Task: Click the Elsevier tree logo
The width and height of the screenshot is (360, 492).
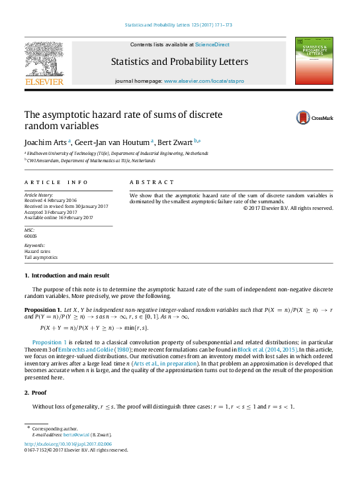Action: pyautogui.click(x=44, y=58)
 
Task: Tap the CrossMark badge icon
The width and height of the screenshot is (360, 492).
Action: pyautogui.click(x=305, y=118)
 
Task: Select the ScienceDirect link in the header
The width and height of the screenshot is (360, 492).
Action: pyautogui.click(x=212, y=44)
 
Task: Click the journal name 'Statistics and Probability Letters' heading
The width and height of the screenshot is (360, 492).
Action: pyautogui.click(x=179, y=62)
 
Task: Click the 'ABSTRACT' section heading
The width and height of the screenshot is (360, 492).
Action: pyautogui.click(x=152, y=181)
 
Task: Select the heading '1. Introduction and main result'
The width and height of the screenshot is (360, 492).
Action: pyautogui.click(x=67, y=275)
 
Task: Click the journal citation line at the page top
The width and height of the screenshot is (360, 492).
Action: pyautogui.click(x=179, y=26)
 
